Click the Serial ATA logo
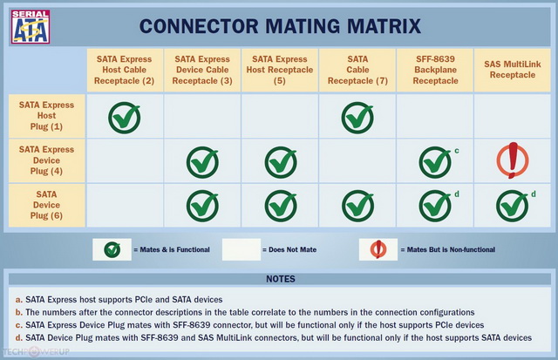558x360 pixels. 31,27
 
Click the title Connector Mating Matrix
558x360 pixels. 280,26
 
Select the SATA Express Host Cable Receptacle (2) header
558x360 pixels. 124,70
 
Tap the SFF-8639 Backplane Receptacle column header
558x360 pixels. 435,70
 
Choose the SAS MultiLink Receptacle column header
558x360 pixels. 513,70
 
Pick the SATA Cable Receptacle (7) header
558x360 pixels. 357,70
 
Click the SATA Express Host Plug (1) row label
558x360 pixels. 46,116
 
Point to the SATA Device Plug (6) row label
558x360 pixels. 46,205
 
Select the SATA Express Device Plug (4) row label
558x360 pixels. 46,160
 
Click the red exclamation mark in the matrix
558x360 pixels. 513,160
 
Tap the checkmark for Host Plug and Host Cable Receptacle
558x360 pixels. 124,118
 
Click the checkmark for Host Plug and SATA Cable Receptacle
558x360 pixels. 357,118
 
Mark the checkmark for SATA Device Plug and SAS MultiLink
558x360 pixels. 513,206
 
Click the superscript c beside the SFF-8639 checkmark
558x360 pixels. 457,151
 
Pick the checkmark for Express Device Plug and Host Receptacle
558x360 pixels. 281,162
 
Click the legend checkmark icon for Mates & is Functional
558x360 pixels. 112,249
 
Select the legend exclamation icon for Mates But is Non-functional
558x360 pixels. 378,249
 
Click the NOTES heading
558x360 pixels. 281,279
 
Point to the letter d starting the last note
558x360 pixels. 18,337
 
